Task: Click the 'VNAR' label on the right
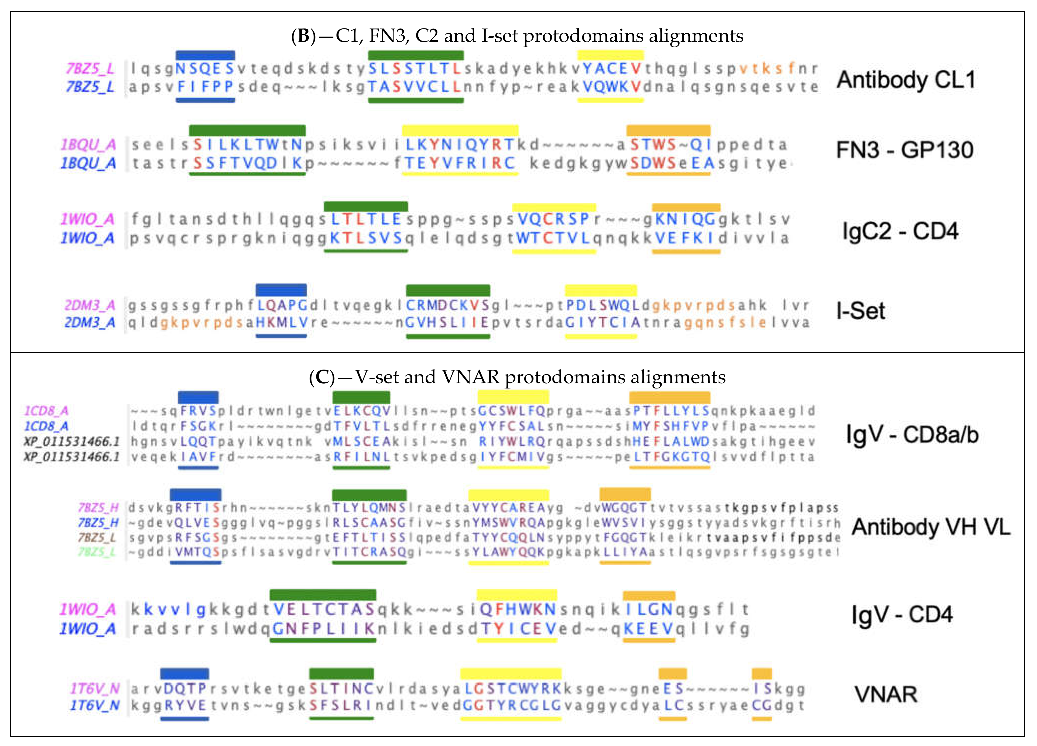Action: click(x=886, y=694)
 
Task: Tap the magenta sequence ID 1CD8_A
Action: click(x=46, y=411)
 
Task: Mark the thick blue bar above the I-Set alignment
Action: click(x=281, y=290)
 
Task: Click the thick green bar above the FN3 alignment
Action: click(x=247, y=130)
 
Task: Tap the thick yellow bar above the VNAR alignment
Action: click(x=511, y=673)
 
